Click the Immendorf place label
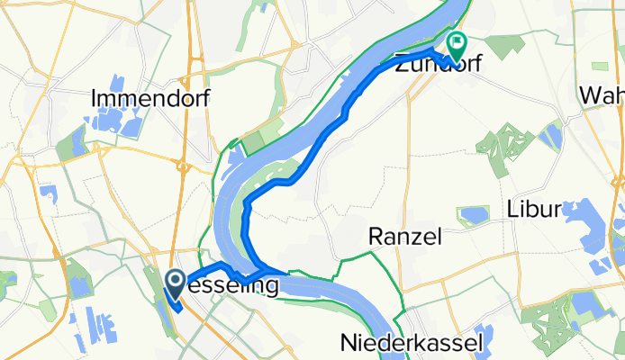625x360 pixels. (x=151, y=98)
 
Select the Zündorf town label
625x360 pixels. (x=436, y=64)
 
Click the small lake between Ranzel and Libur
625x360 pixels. (x=473, y=215)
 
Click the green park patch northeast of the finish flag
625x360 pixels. (x=598, y=68)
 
